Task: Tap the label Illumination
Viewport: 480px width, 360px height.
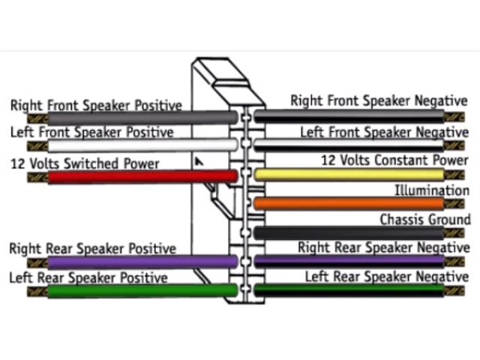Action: [431, 190]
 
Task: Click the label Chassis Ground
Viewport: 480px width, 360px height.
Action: [424, 220]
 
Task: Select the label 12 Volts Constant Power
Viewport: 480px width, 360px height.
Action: [394, 160]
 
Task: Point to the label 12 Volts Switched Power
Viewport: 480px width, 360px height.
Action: [84, 163]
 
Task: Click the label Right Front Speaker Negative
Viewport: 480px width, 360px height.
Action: [379, 100]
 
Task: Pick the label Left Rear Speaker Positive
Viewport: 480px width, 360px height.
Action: [88, 277]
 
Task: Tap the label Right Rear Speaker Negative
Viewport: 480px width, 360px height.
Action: [383, 247]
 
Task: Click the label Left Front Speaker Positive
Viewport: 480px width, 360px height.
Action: [91, 133]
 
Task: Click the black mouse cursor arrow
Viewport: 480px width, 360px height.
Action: [199, 161]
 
